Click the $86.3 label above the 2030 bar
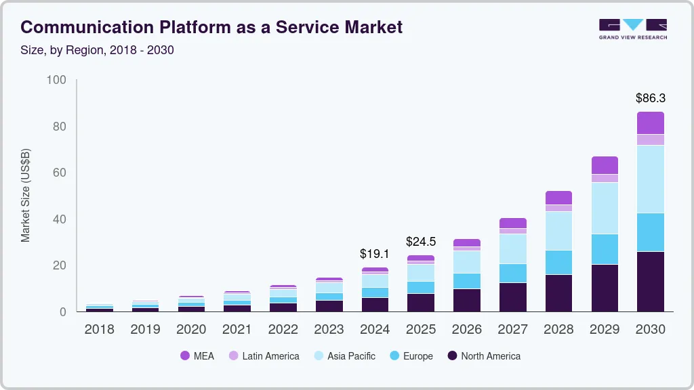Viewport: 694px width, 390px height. (x=650, y=98)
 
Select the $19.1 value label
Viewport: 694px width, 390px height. (x=375, y=254)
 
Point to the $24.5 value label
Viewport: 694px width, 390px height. (x=420, y=242)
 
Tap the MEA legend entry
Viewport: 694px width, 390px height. (x=197, y=356)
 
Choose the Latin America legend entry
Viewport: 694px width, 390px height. (x=264, y=356)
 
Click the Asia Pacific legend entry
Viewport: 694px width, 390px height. (x=344, y=356)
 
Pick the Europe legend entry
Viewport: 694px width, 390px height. (x=411, y=356)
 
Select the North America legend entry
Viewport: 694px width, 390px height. (x=483, y=356)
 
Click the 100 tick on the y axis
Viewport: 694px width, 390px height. (x=56, y=81)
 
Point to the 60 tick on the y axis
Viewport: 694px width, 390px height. (x=59, y=173)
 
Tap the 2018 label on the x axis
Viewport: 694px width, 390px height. (x=99, y=330)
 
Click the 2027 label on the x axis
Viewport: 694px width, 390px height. (x=512, y=330)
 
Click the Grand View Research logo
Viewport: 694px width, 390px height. (x=632, y=29)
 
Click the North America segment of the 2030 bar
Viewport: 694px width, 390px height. (x=650, y=282)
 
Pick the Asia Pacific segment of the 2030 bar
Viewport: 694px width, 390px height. (x=650, y=179)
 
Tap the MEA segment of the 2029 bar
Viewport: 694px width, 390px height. (x=605, y=165)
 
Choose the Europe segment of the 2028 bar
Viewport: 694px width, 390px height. (x=558, y=262)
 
